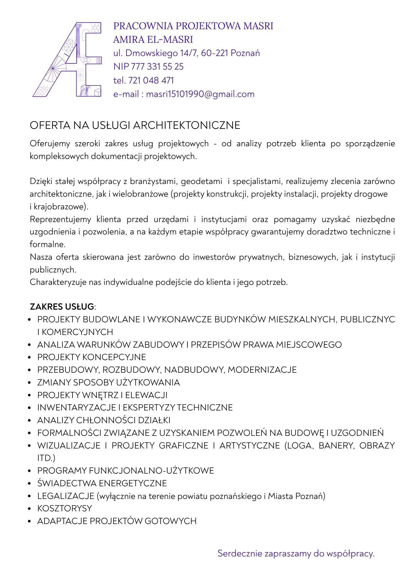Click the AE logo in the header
67,59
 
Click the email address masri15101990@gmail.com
200,94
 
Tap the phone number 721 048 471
151,80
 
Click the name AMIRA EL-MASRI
153,40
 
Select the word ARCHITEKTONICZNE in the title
187,125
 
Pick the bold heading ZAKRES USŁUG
62,307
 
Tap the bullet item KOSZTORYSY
65,508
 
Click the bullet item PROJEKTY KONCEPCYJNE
91,357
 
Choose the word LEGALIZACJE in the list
65,496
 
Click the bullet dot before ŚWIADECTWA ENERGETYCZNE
29,484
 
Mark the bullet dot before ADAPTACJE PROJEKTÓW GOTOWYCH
29,521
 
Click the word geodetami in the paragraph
201,181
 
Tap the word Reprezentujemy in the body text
60,219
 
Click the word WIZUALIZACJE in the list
69,445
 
